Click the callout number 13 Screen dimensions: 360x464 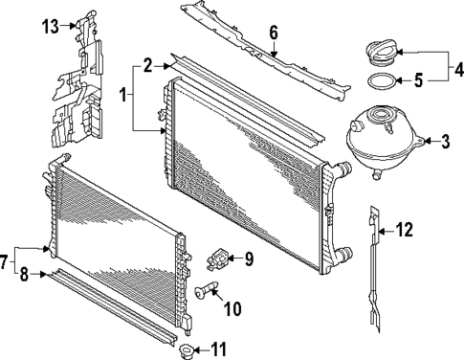pos(50,25)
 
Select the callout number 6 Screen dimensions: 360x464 pos(273,33)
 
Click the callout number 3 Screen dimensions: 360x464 pos(444,145)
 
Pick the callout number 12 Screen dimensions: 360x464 pos(405,229)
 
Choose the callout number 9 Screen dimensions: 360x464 pos(247,258)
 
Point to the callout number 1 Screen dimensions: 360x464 pos(122,96)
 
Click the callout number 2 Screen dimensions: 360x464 pos(146,65)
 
